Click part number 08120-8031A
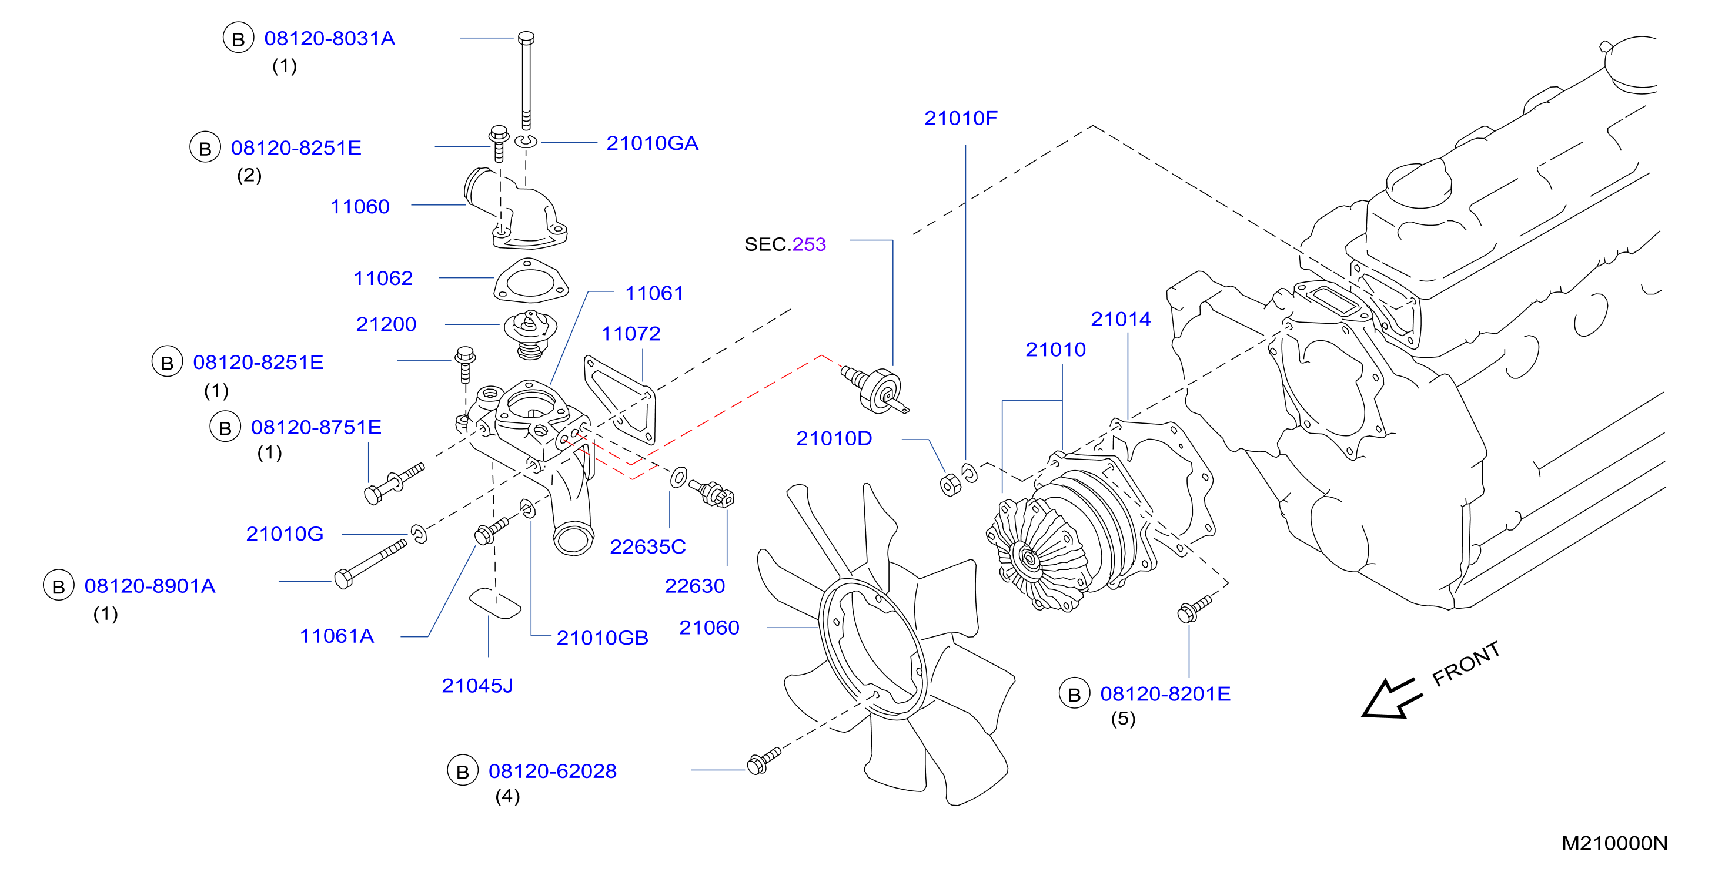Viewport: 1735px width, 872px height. coord(329,38)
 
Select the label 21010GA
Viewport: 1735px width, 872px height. coord(652,143)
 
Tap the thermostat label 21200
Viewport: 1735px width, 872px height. coord(386,324)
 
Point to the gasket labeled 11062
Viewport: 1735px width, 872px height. coord(531,281)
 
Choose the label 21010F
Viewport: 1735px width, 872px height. coord(961,118)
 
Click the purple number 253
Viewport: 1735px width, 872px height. coord(809,244)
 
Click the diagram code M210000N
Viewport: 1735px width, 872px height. coord(1614,843)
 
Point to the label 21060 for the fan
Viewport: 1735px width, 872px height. coord(709,628)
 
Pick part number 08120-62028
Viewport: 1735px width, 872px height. coord(552,771)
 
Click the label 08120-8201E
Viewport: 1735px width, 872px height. coord(1165,693)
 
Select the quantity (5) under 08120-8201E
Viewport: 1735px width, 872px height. coord(1123,719)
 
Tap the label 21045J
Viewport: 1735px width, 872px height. coord(477,686)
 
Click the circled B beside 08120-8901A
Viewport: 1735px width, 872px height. coord(59,586)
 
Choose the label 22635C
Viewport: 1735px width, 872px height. coord(648,547)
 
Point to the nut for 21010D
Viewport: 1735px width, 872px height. coord(950,484)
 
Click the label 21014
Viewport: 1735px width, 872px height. coord(1121,319)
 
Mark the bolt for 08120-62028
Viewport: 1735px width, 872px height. coord(764,761)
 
